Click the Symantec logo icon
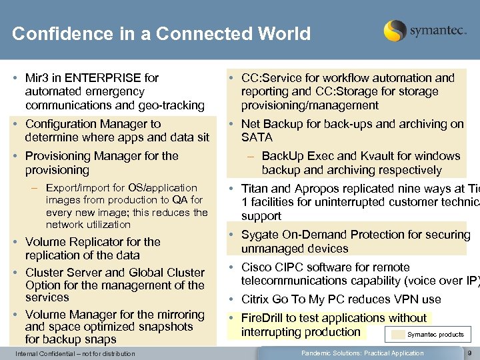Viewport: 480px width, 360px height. coord(395,31)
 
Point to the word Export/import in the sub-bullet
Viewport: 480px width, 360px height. coord(75,188)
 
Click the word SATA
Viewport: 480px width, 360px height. coord(257,137)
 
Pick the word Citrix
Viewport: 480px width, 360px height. coord(256,299)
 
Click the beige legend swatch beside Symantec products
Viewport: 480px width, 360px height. coord(398,335)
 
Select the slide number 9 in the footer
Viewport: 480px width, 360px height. coord(469,353)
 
